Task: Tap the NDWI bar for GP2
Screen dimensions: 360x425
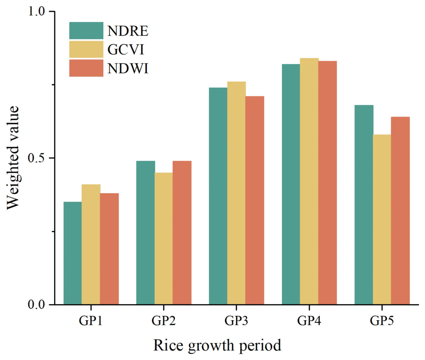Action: (182, 232)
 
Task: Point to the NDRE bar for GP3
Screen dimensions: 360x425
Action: (218, 196)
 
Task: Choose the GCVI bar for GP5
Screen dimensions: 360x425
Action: (382, 220)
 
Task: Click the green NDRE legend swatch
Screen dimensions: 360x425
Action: (86, 31)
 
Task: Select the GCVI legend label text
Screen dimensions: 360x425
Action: (126, 50)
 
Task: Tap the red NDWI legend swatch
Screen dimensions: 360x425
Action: (86, 68)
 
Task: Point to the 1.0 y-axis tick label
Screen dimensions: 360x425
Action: (36, 12)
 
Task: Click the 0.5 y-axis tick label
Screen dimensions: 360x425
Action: (36, 158)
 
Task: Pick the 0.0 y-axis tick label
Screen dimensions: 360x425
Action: (36, 305)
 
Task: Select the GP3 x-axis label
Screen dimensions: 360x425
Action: (236, 321)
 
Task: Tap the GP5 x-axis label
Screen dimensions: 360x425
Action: (382, 321)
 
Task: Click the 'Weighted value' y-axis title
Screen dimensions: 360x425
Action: (13, 158)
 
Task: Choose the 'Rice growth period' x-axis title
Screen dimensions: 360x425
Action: (217, 346)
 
